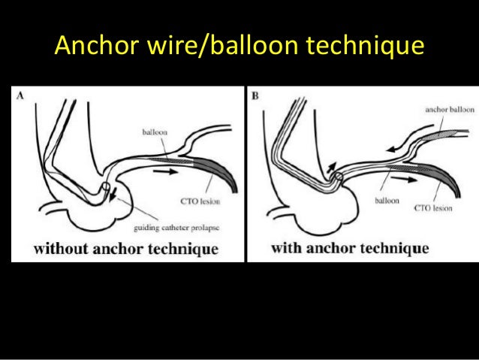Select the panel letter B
(x=256, y=96)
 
